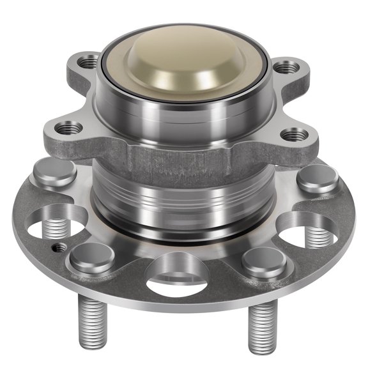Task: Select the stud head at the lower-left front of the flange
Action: click(84, 257)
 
